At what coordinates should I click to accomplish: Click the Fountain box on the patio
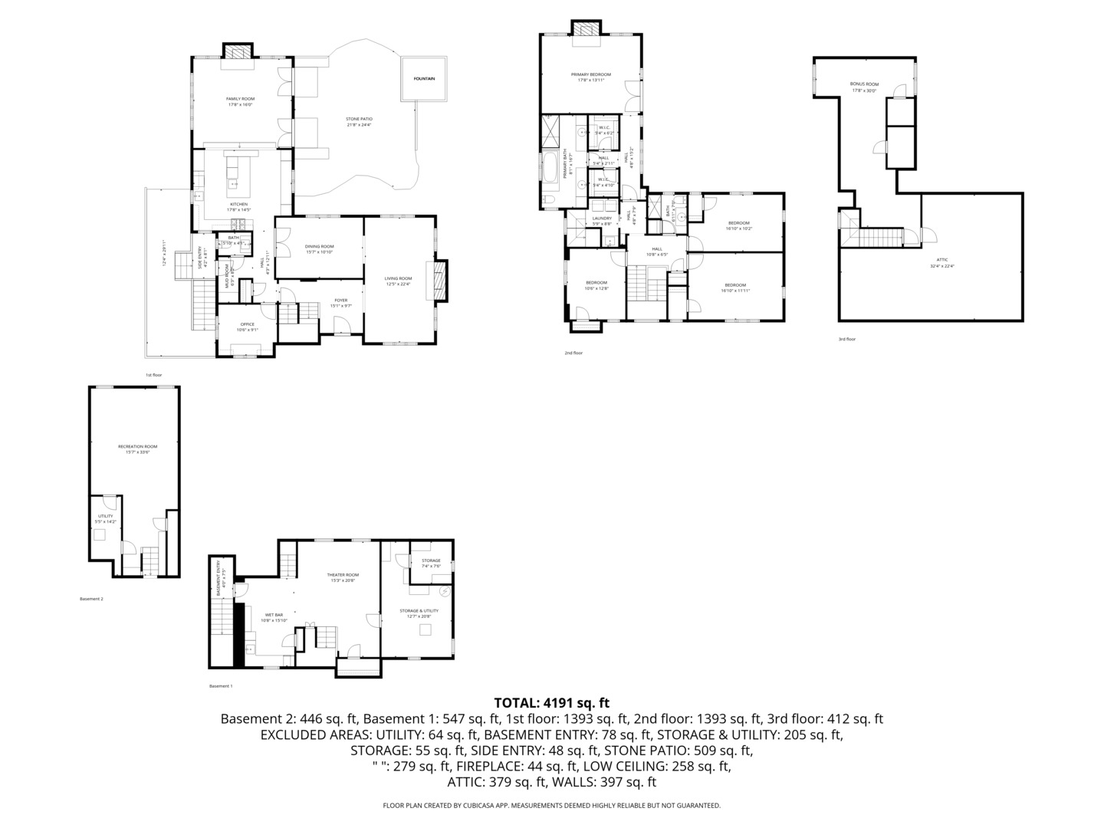(424, 78)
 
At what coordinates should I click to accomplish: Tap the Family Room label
(240, 99)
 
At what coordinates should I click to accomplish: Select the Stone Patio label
(359, 120)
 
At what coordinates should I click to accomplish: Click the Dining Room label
(320, 247)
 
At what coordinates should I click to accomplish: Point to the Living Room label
(399, 279)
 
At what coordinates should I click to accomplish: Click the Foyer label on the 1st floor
(340, 301)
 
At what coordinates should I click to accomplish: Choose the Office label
(247, 324)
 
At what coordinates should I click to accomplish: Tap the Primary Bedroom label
(590, 75)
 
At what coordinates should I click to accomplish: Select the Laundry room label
(602, 219)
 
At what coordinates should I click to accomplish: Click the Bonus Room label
(864, 84)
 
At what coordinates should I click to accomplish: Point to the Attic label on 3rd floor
(941, 260)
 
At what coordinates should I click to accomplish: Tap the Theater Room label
(343, 575)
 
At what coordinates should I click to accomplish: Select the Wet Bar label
(274, 615)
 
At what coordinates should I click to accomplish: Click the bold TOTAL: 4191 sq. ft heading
(551, 702)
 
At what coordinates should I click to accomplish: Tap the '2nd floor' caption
(573, 353)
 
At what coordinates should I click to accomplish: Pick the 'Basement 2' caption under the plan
(91, 599)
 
